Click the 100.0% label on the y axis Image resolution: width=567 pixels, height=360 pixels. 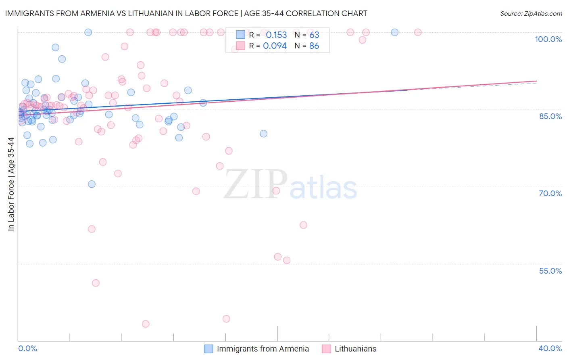point(548,39)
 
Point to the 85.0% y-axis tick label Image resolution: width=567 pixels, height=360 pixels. point(550,116)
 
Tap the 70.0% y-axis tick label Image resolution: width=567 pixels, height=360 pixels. point(550,193)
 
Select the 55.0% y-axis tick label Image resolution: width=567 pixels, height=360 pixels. point(550,271)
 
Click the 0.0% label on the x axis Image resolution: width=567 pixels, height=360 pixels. point(27,348)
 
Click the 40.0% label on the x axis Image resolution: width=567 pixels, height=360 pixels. point(550,348)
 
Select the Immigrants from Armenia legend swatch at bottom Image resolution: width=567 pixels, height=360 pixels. point(208,349)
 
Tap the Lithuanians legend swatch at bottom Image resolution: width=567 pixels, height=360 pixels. point(326,349)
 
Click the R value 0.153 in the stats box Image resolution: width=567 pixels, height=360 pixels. point(276,35)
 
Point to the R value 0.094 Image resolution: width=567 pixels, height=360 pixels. point(275,46)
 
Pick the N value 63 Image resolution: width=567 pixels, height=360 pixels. point(314,35)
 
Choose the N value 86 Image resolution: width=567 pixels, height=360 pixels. point(314,46)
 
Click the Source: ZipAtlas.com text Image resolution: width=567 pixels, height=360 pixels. point(531,14)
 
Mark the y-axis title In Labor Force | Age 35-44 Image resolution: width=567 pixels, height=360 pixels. point(11,184)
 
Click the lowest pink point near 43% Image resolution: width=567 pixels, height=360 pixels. point(146,324)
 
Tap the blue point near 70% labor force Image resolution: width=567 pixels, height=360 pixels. point(92,184)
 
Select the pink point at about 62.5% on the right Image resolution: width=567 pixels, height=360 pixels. point(303,225)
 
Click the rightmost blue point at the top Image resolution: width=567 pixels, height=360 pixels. point(395,32)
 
